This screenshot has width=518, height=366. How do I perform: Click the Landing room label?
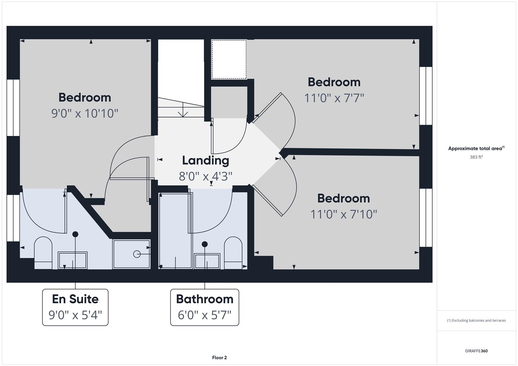click(x=206, y=161)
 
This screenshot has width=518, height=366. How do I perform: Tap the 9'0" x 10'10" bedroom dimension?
click(x=85, y=114)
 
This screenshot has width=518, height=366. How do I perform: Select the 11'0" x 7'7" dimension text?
click(x=334, y=98)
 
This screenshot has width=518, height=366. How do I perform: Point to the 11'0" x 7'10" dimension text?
click(x=343, y=214)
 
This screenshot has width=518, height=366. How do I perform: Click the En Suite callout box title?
click(x=75, y=299)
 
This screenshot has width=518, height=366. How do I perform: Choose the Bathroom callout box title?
click(x=205, y=299)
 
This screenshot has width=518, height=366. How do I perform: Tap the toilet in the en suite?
click(x=43, y=253)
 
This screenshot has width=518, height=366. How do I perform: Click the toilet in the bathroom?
click(x=233, y=253)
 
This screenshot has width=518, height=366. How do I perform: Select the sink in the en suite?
click(x=72, y=260)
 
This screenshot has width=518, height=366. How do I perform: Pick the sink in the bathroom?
click(x=207, y=261)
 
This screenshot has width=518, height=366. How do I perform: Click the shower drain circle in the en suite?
click(x=137, y=254)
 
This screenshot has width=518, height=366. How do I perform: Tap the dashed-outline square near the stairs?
click(x=229, y=59)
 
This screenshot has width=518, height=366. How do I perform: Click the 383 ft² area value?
click(x=476, y=157)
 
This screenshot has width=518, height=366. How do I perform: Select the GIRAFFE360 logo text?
click(x=476, y=351)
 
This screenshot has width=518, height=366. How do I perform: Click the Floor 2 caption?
click(x=219, y=358)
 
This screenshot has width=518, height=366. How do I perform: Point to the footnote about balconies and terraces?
click(x=476, y=320)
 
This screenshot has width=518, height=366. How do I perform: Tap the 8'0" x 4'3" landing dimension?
click(x=205, y=176)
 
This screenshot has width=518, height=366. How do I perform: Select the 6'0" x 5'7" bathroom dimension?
click(x=205, y=315)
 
